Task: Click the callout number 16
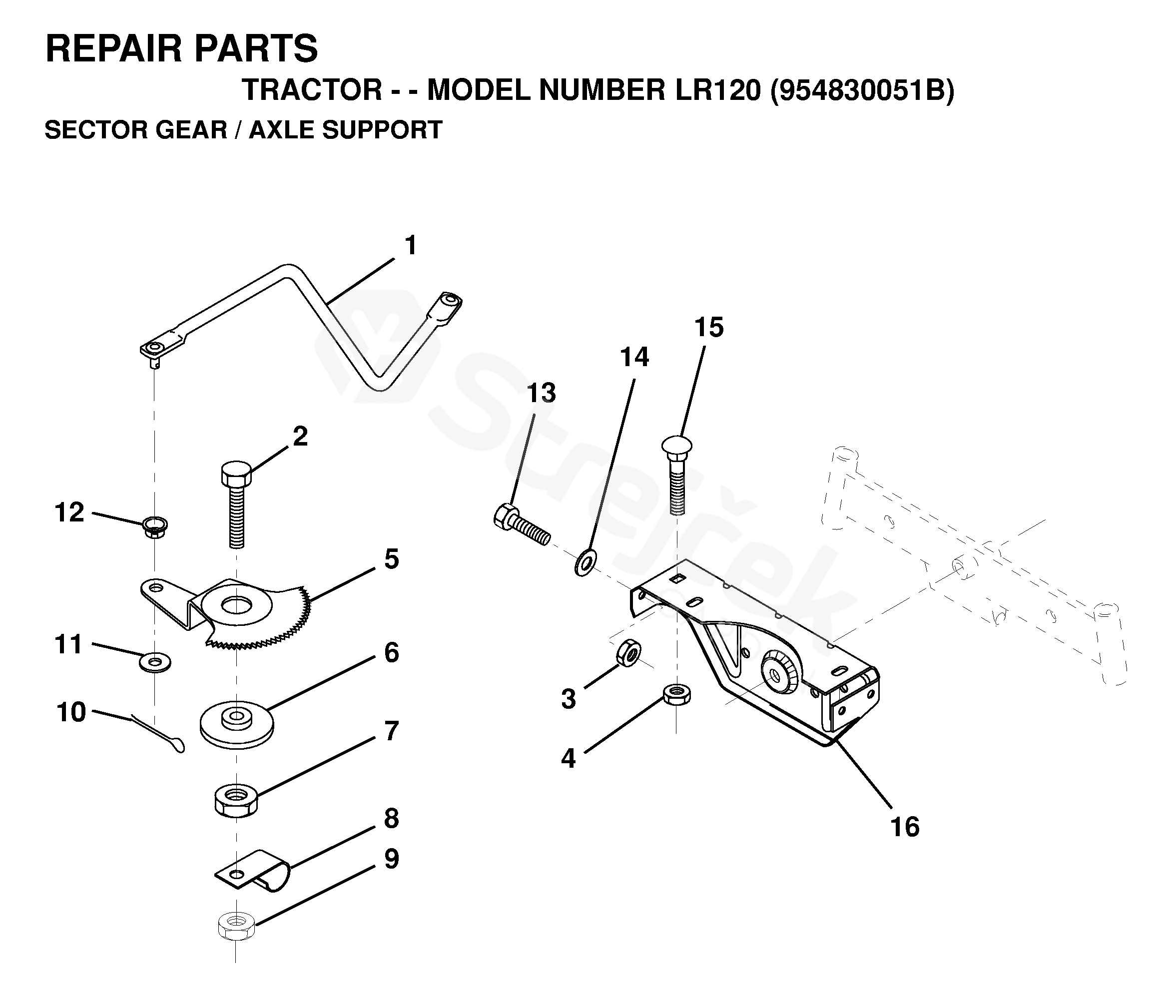tap(905, 827)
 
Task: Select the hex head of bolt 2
tap(236, 474)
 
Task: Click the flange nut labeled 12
tap(155, 526)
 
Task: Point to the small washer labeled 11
tap(155, 663)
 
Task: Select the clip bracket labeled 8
tap(253, 871)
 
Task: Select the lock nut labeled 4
tap(676, 695)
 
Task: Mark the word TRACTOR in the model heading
tap(312, 90)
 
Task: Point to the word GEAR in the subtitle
tap(191, 129)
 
